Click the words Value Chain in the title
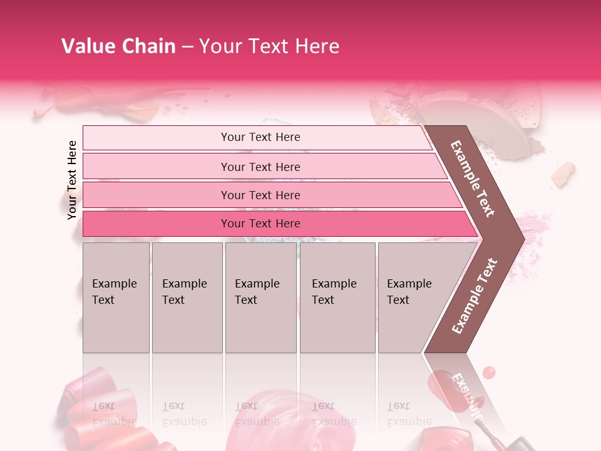pos(118,46)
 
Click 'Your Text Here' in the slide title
pos(269,46)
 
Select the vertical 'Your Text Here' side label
pos(72,180)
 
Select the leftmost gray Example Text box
pos(116,298)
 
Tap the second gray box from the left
pos(187,298)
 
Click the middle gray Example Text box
pos(260,298)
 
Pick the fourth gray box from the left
pos(337,298)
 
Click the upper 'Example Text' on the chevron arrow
pos(473,179)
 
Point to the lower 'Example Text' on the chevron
pos(475,296)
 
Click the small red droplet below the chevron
pos(489,373)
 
